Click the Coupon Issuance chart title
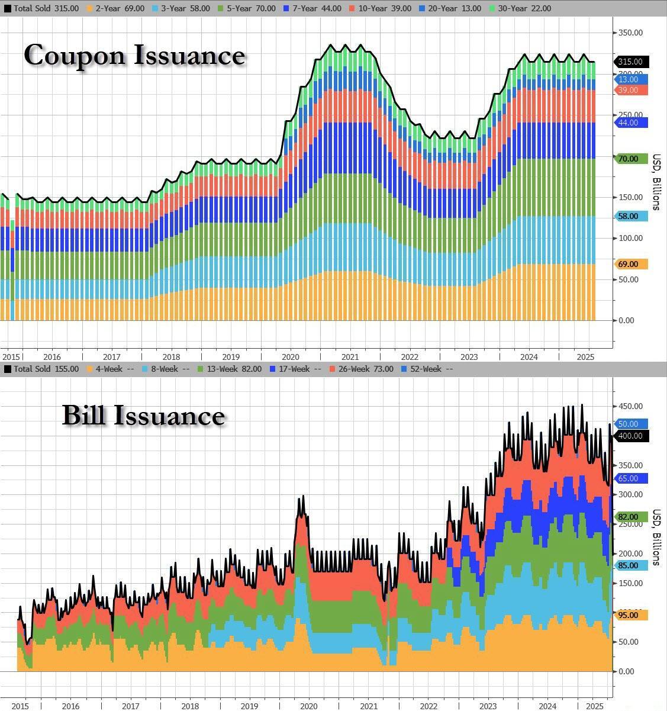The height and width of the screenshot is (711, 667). (134, 55)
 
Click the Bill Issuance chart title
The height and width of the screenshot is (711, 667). (143, 416)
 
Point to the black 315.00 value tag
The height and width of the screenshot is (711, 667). (631, 62)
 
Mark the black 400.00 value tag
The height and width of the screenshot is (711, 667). (631, 436)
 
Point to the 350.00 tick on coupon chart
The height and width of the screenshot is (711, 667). (631, 33)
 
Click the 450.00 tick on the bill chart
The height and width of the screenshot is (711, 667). (631, 406)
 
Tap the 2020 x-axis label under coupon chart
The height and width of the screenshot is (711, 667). (290, 357)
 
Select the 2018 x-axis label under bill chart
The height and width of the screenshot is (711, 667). (190, 706)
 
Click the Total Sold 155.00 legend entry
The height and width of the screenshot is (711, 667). (41, 369)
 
